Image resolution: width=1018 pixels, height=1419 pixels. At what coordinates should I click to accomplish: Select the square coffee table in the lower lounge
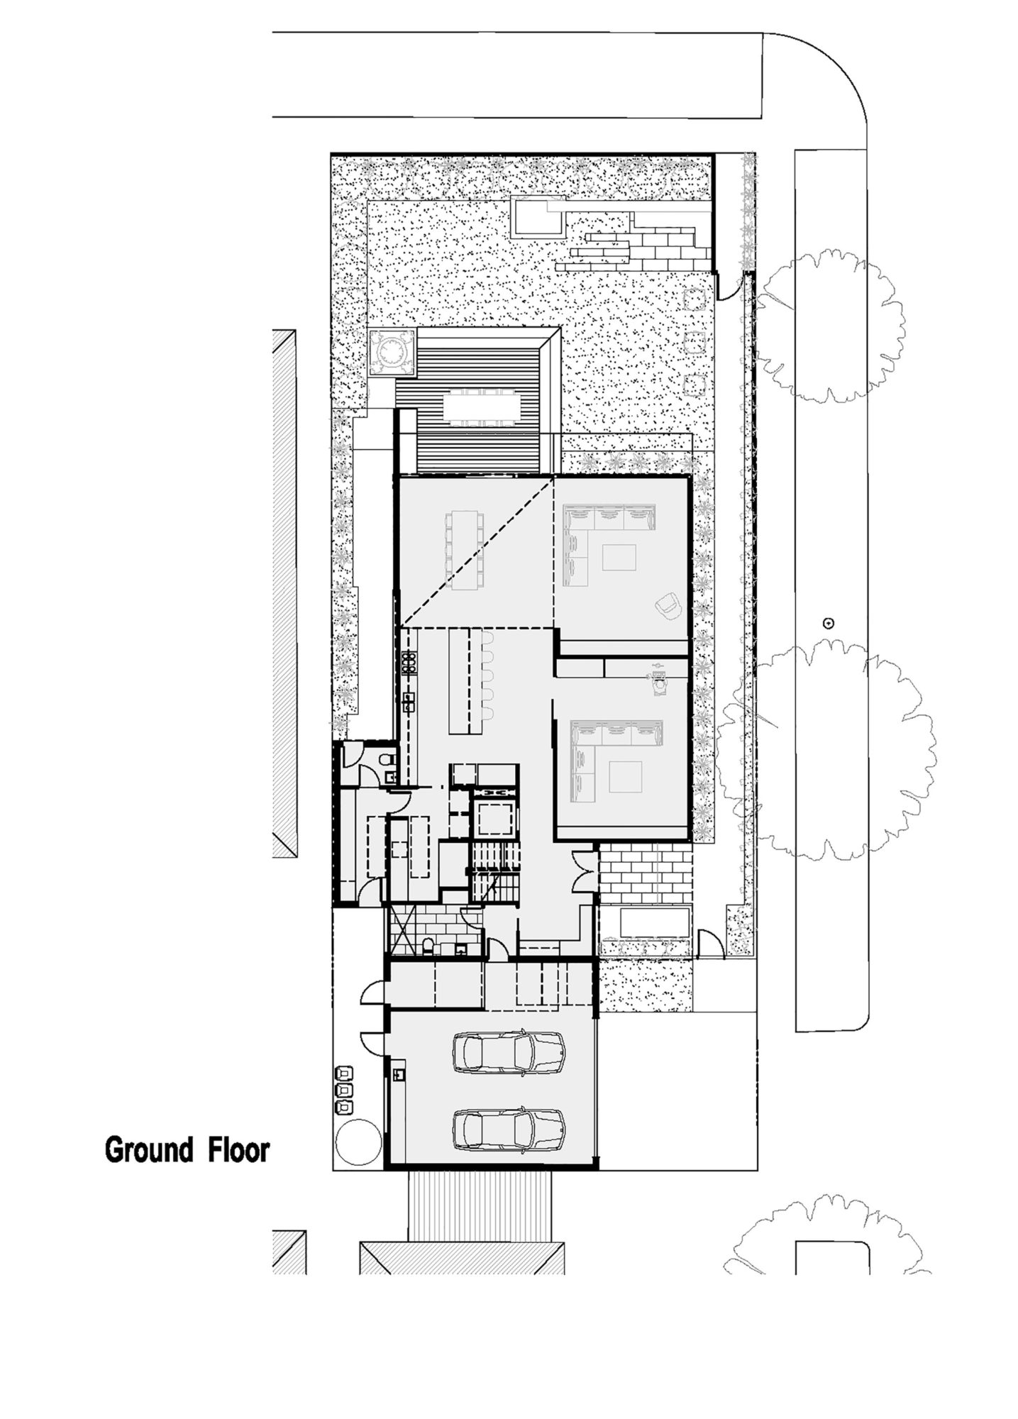pyautogui.click(x=624, y=776)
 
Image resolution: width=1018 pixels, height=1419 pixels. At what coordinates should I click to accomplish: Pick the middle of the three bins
pyautogui.click(x=343, y=1088)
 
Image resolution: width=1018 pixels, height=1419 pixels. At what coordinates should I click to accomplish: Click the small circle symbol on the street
pyautogui.click(x=826, y=624)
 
